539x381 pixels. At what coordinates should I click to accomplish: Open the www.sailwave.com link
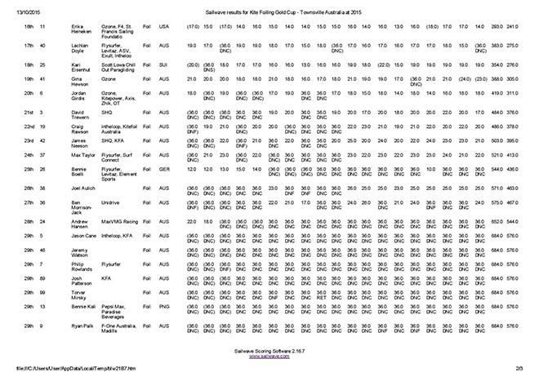click(x=270, y=357)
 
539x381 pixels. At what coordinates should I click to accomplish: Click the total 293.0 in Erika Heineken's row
click(x=496, y=27)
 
